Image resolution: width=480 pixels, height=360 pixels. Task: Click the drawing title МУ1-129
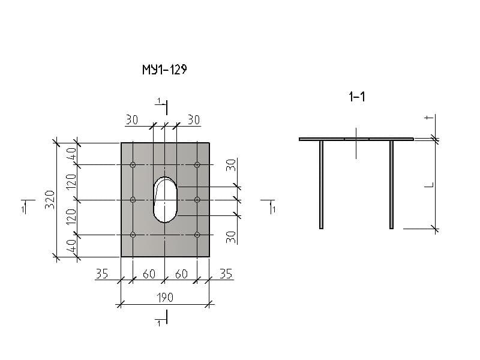click(164, 70)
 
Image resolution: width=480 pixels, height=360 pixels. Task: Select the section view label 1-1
click(357, 97)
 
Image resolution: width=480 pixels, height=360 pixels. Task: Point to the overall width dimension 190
click(165, 297)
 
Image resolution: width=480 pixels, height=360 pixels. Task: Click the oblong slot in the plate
click(165, 199)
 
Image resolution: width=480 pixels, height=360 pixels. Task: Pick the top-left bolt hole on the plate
click(133, 164)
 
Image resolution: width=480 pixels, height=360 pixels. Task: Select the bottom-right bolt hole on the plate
click(197, 235)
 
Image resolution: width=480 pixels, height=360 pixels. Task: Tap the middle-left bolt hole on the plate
click(133, 199)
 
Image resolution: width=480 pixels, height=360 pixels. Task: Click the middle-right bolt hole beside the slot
click(197, 199)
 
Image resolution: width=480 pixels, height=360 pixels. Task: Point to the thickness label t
click(427, 118)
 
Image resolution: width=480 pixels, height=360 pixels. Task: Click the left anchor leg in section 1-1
click(322, 184)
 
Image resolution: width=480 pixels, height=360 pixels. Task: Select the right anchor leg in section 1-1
click(391, 184)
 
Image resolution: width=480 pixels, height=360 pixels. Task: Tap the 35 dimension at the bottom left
click(102, 274)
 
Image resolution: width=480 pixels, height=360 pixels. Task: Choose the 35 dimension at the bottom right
click(226, 274)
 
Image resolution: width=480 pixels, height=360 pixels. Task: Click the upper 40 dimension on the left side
click(71, 154)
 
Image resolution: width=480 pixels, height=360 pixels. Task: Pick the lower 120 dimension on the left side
click(71, 217)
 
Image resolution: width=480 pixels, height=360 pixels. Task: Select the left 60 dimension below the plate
click(149, 274)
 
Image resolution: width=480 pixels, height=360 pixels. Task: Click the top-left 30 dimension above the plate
click(132, 120)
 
